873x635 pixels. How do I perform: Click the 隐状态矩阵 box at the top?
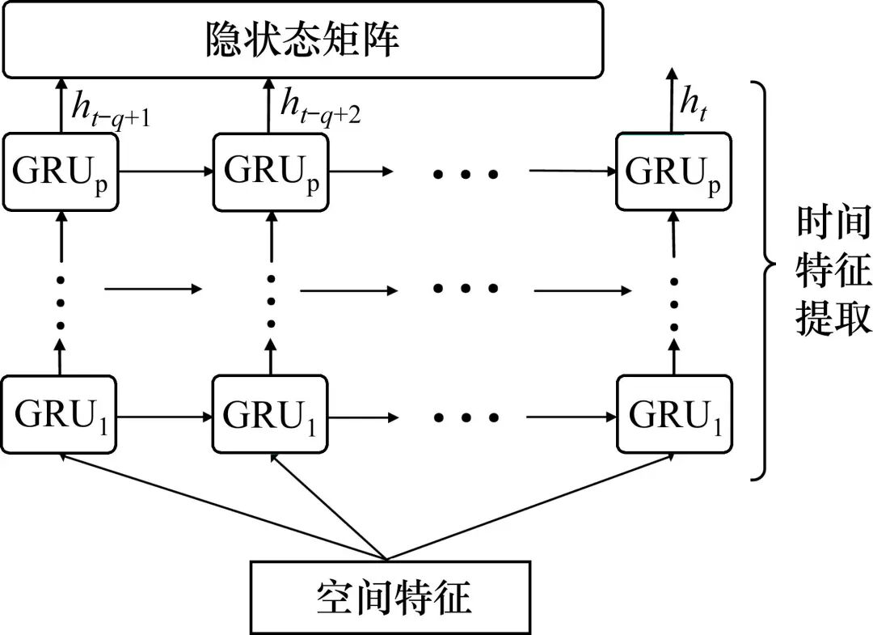point(302,40)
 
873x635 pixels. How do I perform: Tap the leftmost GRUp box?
point(61,172)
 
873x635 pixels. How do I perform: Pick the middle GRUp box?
point(272,172)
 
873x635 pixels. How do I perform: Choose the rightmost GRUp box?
point(673,172)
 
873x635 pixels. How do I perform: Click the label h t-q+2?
point(320,105)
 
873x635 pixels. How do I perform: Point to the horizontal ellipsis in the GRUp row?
point(466,173)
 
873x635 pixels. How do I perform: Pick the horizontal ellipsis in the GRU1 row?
point(466,418)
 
